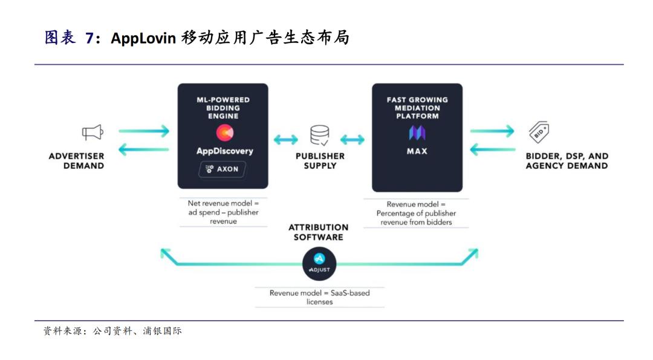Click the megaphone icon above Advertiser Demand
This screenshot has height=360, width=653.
coord(93,133)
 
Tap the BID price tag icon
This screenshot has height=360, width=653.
coord(539,132)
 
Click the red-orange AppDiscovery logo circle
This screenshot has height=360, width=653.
coord(224,133)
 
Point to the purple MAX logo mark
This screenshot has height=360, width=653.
coord(417,133)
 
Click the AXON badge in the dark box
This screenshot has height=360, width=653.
coord(223,169)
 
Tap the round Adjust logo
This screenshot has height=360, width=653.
coord(319,264)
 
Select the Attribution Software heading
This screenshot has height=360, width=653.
coord(319,232)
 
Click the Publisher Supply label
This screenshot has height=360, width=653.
coord(320,161)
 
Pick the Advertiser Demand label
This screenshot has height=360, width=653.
coord(77,161)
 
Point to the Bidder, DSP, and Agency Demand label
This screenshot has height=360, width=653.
coord(567,161)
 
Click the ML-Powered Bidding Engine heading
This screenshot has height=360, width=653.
coord(223,108)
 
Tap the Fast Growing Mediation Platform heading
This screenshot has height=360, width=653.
coord(417,108)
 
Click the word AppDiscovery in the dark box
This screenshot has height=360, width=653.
coord(225,151)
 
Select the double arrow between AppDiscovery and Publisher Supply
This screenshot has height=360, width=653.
coord(285,140)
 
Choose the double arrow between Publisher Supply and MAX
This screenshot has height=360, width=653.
coord(352,140)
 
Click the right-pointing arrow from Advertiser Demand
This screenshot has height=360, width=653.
coord(144,131)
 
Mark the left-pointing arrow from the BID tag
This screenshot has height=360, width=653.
coord(493,149)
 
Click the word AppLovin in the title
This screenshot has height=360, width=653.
coord(143,38)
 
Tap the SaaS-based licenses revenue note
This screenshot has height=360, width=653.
coord(319,298)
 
